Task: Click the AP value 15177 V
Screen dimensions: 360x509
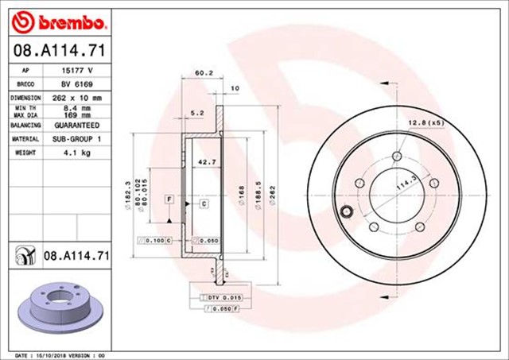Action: tap(74, 70)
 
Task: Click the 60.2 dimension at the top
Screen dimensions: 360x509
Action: tap(204, 74)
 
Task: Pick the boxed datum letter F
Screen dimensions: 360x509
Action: tap(169, 197)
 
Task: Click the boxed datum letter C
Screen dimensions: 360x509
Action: tap(204, 204)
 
